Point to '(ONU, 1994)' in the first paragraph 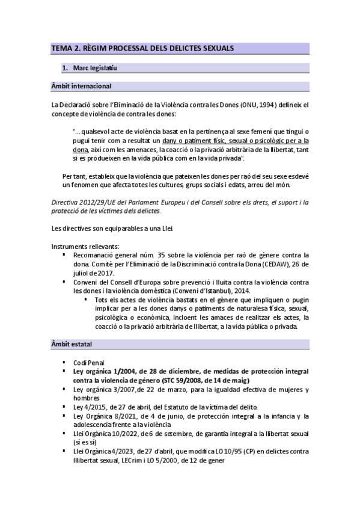coord(255,105)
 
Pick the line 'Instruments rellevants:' coord(85,246)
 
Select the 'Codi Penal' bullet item coord(88,363)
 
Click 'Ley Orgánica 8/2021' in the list coord(105,416)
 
